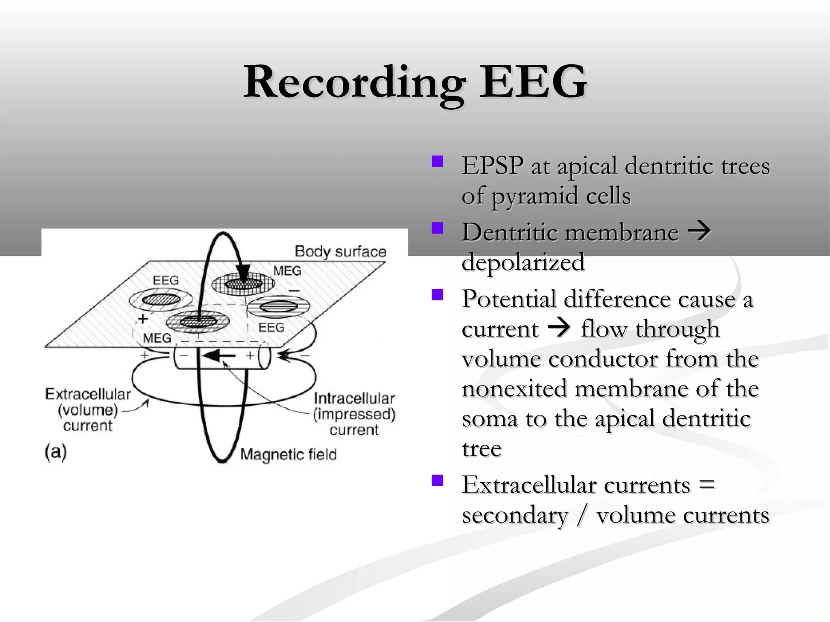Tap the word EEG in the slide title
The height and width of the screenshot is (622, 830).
tap(533, 82)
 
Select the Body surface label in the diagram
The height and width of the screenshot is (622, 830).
tap(340, 251)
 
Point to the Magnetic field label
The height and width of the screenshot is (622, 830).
tap(288, 454)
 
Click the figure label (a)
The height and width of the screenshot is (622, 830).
tap(56, 452)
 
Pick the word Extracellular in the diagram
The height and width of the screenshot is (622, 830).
tap(88, 394)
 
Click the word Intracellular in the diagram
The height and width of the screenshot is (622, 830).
tap(354, 398)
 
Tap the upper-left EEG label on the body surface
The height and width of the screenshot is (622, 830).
tap(165, 280)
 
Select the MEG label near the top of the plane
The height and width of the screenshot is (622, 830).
tap(287, 271)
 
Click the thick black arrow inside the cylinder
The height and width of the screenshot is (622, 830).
tap(218, 356)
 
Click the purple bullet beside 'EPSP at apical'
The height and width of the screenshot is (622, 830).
tap(437, 162)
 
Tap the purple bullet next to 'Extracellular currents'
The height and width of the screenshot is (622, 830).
tap(437, 481)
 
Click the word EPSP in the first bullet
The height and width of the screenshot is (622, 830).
tap(492, 166)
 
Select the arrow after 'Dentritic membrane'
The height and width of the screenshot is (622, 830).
tap(699, 231)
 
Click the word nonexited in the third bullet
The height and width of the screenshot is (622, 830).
tap(513, 388)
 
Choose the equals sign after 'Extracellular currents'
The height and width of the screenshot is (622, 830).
tap(707, 485)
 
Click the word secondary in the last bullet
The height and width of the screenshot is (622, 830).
tap(515, 515)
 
